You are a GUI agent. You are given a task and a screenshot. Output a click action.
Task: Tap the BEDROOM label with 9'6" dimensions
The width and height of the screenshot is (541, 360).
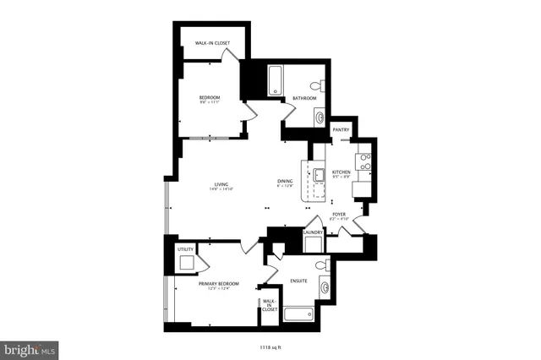tap(209, 99)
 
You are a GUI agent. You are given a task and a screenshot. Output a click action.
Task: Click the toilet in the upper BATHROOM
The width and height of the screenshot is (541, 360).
tap(316, 85)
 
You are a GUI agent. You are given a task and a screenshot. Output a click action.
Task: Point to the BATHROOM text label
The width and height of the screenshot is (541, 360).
tap(304, 99)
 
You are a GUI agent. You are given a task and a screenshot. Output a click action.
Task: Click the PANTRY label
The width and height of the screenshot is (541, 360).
tap(341, 129)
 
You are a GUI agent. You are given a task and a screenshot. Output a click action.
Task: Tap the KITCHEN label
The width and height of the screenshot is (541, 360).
tap(341, 172)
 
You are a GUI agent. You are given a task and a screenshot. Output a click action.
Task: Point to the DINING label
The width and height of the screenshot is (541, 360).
tap(285, 182)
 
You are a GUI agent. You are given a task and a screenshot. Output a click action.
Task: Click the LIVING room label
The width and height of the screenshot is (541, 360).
tap(221, 184)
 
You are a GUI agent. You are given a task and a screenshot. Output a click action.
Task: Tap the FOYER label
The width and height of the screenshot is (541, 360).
tap(338, 215)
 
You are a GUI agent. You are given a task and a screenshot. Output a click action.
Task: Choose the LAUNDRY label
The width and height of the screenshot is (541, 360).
tap(313, 232)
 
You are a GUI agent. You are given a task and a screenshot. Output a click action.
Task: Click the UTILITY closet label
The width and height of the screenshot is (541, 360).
tap(185, 249)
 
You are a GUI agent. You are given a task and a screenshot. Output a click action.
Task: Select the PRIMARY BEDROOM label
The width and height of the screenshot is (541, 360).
tap(218, 284)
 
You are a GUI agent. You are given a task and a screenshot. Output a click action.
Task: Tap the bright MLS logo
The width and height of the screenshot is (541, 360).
tap(30, 347)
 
